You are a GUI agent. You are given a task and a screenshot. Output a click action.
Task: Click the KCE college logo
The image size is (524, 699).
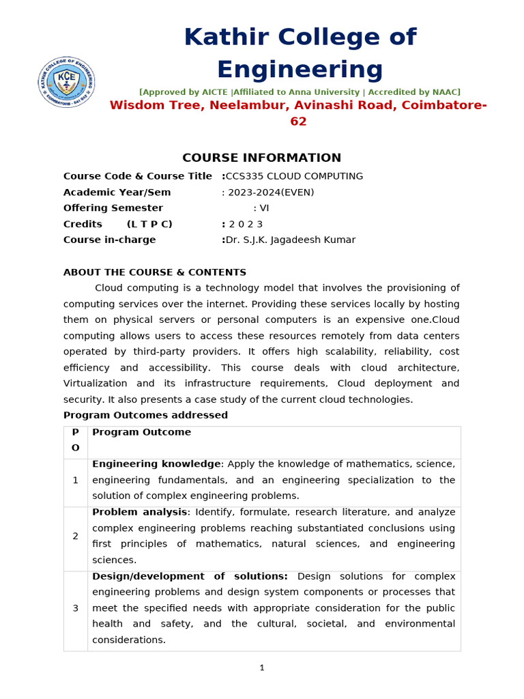pos(66,82)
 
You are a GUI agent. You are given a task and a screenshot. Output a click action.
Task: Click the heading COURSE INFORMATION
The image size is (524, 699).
pos(261,158)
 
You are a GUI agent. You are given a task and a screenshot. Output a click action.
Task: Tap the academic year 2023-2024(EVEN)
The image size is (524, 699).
pos(270,192)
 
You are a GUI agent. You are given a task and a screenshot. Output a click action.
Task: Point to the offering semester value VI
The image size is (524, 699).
pos(265,208)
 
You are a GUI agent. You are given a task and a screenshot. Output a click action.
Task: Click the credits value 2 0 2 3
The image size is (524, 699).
pos(246,224)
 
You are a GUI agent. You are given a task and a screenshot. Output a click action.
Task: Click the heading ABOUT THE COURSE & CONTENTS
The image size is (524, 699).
pos(155,272)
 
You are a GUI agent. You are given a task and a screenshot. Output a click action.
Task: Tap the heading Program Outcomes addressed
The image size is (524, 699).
pos(145,415)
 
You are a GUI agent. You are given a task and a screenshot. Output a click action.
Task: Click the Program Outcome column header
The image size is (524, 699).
pos(141,432)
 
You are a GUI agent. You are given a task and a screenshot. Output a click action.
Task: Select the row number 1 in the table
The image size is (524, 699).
pos(75,480)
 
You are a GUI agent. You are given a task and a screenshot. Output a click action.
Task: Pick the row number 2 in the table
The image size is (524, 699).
pos(75,537)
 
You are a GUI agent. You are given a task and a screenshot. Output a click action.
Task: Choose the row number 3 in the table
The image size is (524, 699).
pos(75,608)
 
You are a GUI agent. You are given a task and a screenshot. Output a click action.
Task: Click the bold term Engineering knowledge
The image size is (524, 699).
pos(156,464)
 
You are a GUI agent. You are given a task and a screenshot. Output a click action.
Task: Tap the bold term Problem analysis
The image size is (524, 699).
pos(139,512)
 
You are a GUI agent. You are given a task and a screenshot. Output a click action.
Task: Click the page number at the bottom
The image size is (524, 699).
pos(261,668)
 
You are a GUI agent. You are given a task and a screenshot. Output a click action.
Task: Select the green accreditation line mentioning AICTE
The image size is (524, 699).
pos(300,92)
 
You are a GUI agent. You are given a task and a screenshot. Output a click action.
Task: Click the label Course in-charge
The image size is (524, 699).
pos(109,240)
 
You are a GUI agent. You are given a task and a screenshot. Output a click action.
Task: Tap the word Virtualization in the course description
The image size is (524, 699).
pos(96,384)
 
